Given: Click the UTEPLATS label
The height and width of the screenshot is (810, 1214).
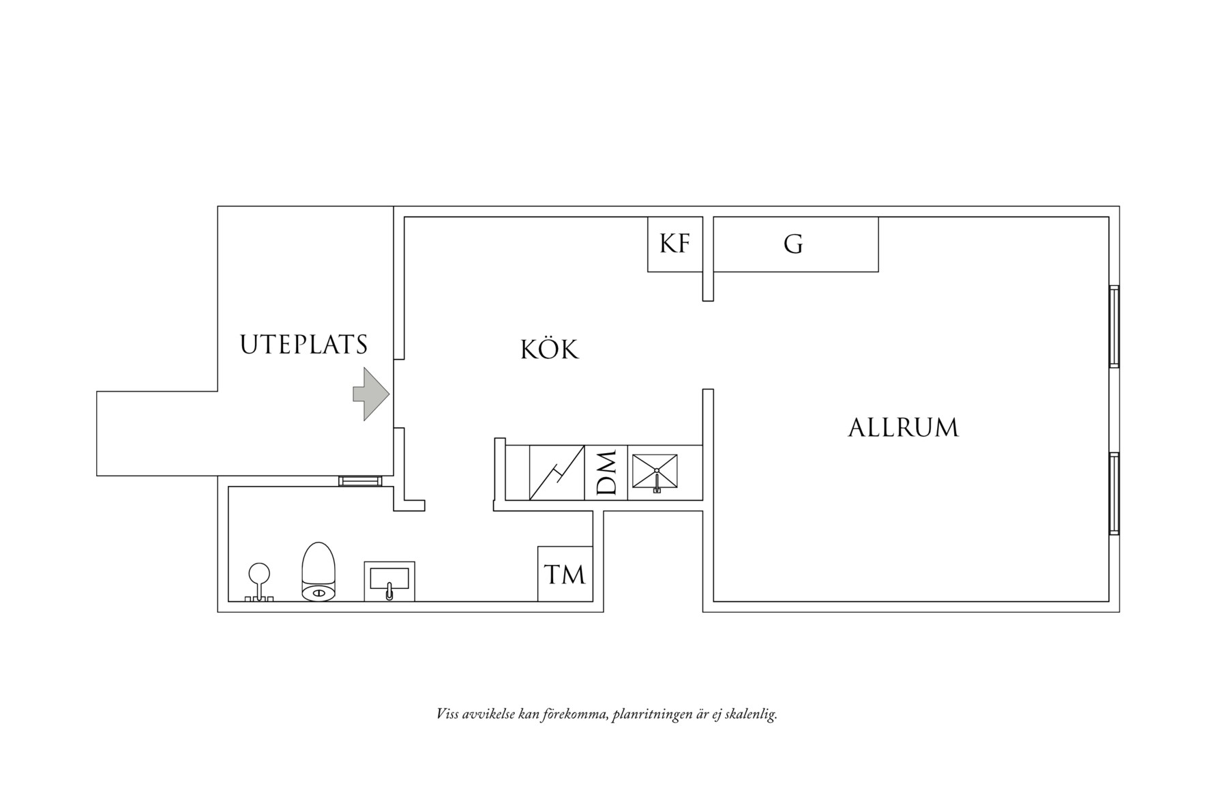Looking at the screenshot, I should (303, 345).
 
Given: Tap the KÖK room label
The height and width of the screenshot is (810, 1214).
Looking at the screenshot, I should (550, 349).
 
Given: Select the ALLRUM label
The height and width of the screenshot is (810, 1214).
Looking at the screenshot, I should (903, 428).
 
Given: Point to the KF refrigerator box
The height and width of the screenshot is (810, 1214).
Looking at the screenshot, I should (675, 244).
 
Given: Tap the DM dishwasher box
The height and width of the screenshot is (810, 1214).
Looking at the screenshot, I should (606, 472).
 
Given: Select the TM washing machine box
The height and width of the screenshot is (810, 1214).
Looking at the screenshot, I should (565, 574).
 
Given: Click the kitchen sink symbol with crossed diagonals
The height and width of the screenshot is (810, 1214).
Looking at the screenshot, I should (655, 472).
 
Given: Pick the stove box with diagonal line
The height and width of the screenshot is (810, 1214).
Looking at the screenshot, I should (557, 472).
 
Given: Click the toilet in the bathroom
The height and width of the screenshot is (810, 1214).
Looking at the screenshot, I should (319, 572).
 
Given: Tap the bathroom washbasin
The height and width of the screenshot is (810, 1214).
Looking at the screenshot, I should (389, 581).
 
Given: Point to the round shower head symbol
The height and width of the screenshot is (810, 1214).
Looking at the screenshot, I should (259, 575).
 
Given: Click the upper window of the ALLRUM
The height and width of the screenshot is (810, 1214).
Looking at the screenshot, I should (1114, 326).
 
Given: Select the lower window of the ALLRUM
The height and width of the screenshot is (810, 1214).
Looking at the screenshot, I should (1114, 493).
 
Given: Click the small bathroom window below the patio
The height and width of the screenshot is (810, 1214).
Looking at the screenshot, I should (360, 481).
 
